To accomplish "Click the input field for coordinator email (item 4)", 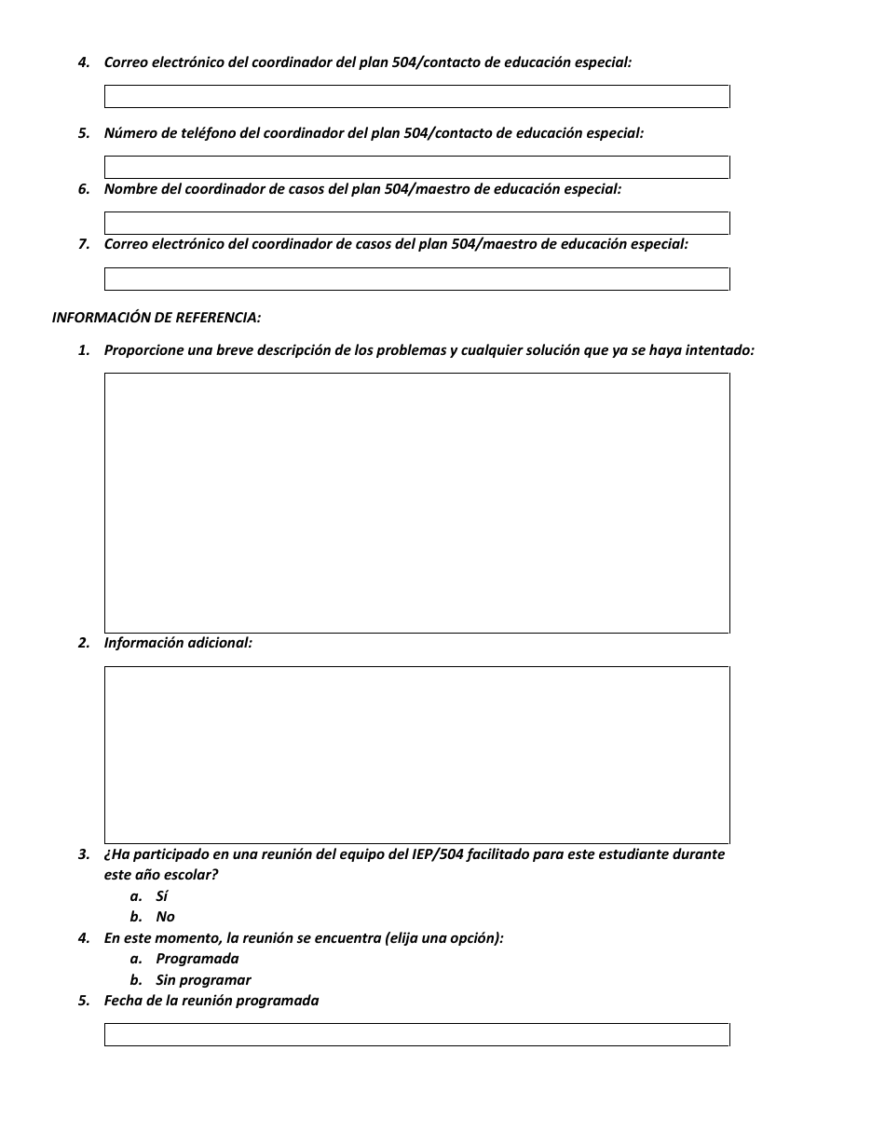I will pos(416,97).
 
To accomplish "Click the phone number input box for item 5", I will pos(416,168).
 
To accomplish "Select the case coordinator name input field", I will pos(416,224).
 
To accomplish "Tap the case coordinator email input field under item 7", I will pos(416,280).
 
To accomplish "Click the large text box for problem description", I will pos(416,503).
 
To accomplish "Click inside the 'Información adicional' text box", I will pos(416,755).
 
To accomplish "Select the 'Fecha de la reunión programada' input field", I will pos(416,1035).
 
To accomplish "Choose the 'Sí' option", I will pos(162,896).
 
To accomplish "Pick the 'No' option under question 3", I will pos(165,917).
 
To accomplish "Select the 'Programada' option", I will pos(197,959).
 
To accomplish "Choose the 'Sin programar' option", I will pos(203,980).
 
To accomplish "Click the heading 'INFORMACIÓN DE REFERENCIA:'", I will pos(157,318).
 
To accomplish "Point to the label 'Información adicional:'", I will pos(178,643).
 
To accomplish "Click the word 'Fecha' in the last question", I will pos(122,1001).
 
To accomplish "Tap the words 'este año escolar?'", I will pos(161,875).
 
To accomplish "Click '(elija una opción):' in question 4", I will pos(443,938).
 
